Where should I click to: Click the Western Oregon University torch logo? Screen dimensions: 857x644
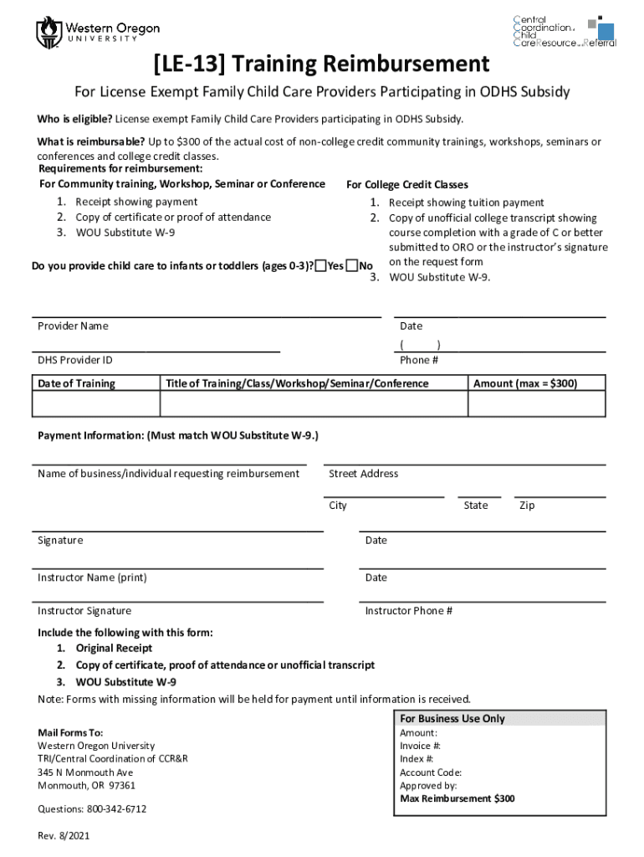point(49,33)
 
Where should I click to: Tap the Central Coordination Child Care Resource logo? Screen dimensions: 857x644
point(564,31)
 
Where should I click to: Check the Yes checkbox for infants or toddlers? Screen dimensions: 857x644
point(321,266)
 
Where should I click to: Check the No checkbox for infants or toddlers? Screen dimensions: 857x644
point(353,266)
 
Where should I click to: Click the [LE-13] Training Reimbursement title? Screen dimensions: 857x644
point(321,64)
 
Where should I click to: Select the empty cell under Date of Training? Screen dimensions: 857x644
point(95,404)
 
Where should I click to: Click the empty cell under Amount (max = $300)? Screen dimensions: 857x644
point(536,404)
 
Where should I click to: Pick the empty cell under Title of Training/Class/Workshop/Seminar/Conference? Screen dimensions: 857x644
point(314,404)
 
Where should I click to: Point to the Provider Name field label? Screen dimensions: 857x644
point(73,326)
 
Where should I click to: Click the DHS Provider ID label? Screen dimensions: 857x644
point(75,360)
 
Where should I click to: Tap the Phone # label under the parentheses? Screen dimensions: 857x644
point(419,360)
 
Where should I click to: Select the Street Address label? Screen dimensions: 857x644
point(364,474)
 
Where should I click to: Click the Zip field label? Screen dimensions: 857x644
point(527,505)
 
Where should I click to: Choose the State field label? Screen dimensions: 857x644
point(476,505)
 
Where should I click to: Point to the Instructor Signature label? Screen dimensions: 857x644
point(84,611)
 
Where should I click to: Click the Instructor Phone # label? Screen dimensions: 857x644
point(409,611)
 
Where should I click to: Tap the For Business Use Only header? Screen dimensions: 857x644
point(452,719)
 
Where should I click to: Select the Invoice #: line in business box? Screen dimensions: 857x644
point(421,746)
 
